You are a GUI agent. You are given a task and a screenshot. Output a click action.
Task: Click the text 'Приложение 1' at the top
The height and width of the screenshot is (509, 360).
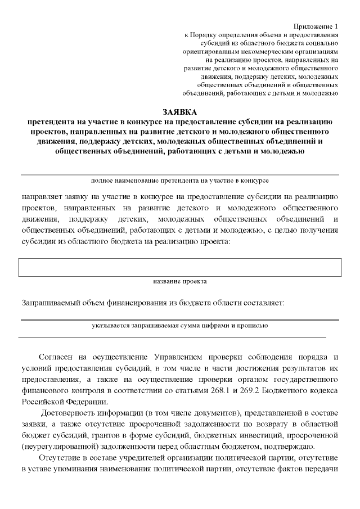[316, 26]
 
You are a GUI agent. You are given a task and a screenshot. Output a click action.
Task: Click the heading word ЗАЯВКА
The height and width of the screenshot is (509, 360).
[180, 112]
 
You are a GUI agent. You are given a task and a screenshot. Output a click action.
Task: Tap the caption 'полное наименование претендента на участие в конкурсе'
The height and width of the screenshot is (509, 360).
[179, 181]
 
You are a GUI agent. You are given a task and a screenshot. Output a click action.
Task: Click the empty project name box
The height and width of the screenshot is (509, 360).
[180, 267]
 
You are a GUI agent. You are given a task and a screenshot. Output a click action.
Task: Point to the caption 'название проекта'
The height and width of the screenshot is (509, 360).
[180, 281]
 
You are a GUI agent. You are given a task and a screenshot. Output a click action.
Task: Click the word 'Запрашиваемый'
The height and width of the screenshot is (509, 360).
[49, 303]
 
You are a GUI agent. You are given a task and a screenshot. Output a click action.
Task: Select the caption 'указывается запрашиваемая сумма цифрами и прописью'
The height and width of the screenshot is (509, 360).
[179, 325]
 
